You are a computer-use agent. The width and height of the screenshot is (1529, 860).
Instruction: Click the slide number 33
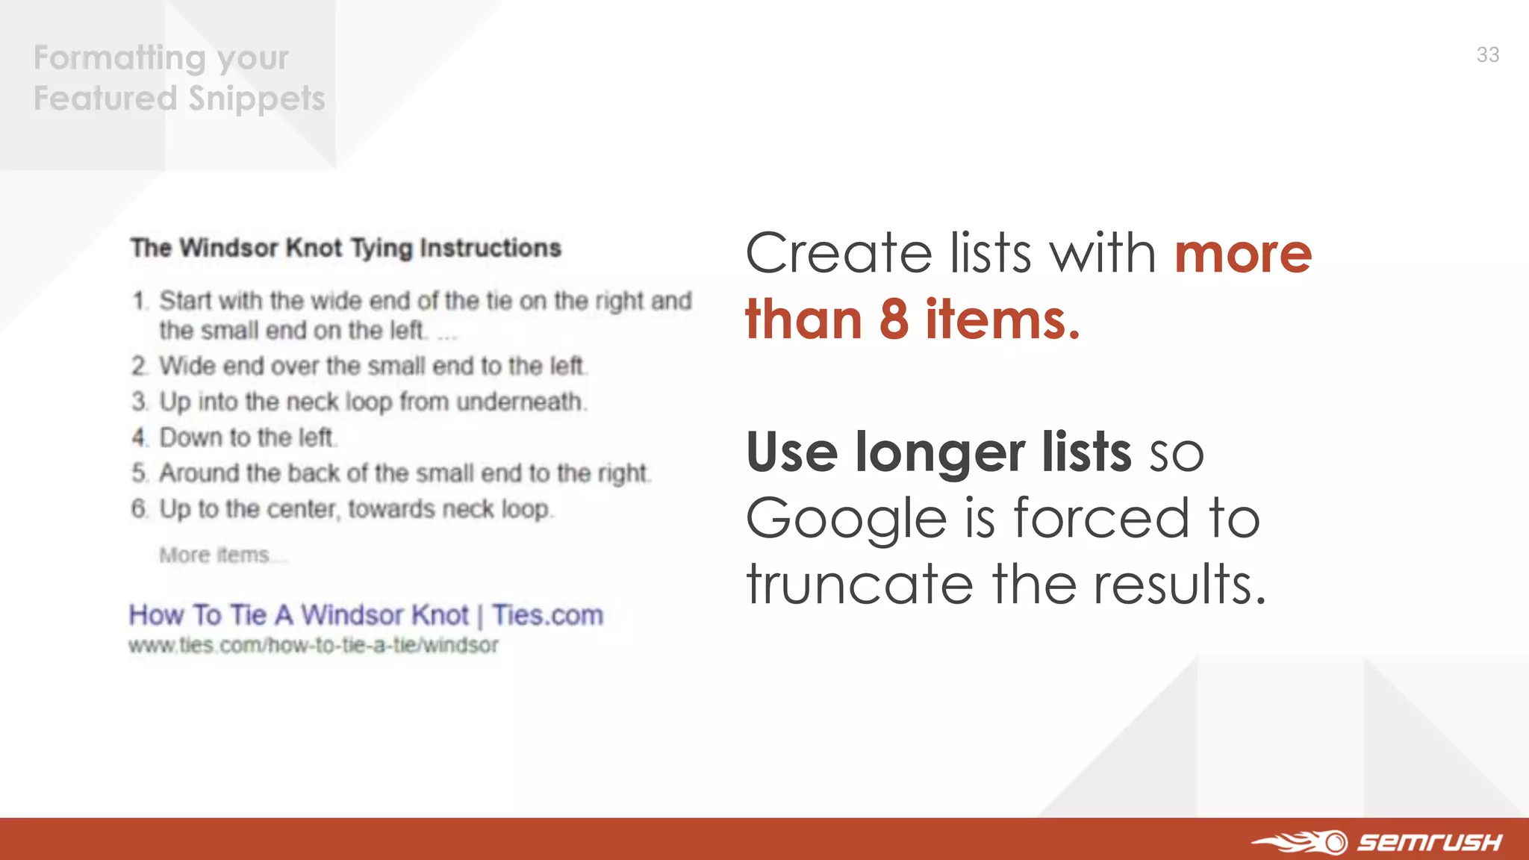point(1487,54)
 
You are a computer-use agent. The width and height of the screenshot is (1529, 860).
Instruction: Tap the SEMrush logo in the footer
point(1377,841)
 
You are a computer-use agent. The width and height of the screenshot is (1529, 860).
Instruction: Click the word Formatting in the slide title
point(119,57)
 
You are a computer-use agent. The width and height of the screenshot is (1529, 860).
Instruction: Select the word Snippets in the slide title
point(257,99)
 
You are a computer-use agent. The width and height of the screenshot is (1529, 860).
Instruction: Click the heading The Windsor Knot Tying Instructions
point(346,248)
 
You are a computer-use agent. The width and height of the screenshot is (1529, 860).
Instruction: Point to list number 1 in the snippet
point(140,301)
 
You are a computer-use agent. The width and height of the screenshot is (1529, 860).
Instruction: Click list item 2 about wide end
point(372,366)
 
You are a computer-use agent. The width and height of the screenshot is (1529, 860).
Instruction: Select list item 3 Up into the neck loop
point(372,402)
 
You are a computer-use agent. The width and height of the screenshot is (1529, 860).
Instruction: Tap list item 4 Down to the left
point(246,437)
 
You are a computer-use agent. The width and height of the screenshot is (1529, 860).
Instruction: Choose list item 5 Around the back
point(404,473)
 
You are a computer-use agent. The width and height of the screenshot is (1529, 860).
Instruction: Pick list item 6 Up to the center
point(355,509)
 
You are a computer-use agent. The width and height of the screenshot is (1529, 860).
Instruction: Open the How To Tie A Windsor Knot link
point(365,615)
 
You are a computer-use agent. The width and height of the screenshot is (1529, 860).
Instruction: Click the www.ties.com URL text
point(313,645)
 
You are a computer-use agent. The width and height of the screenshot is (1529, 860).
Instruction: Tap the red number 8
point(894,320)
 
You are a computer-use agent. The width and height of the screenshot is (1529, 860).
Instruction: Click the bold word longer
point(940,452)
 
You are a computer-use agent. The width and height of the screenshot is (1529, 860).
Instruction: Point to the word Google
point(847,520)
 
